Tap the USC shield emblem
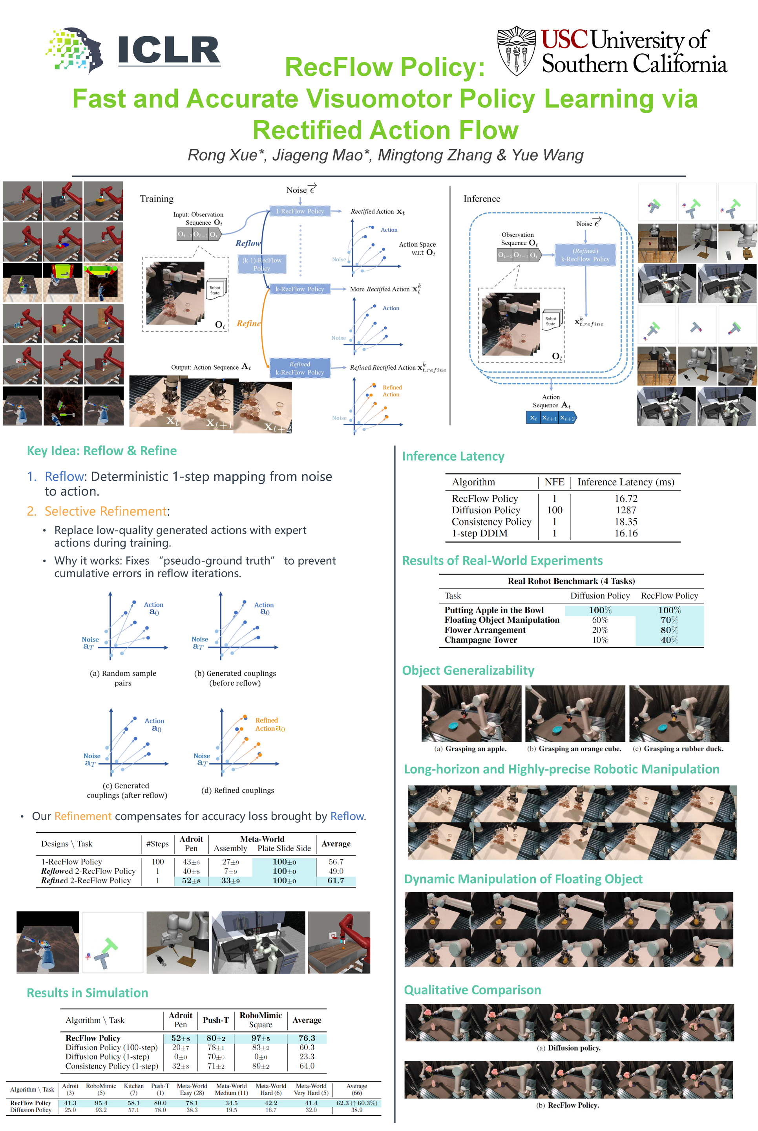point(516,51)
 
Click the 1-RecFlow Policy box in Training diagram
point(300,211)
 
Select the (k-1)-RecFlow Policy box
point(261,264)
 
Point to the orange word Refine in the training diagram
point(248,324)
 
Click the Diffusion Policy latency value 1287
point(626,510)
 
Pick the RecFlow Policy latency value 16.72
point(626,498)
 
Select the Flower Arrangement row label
point(485,630)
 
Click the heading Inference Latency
point(453,456)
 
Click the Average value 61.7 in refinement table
point(336,880)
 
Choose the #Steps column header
point(157,844)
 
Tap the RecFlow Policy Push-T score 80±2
point(216,1038)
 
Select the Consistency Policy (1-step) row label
point(111,1066)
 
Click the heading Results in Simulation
point(88,993)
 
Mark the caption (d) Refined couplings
point(237,791)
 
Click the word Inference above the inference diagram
point(482,199)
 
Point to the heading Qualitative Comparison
point(472,990)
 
